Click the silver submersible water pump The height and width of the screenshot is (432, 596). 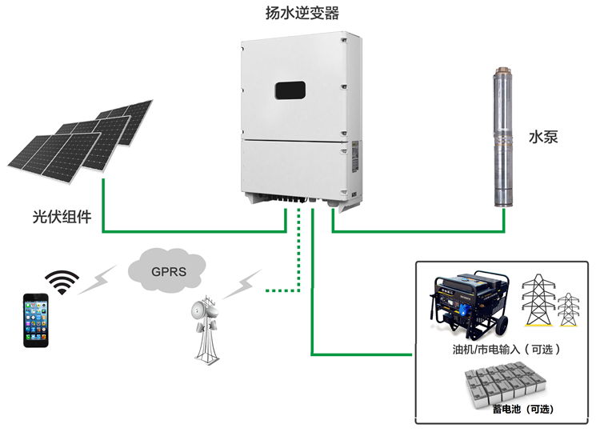(502, 140)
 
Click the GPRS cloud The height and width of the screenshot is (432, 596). (168, 270)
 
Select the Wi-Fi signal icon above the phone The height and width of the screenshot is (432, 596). (62, 281)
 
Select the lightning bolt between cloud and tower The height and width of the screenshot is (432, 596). (242, 284)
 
